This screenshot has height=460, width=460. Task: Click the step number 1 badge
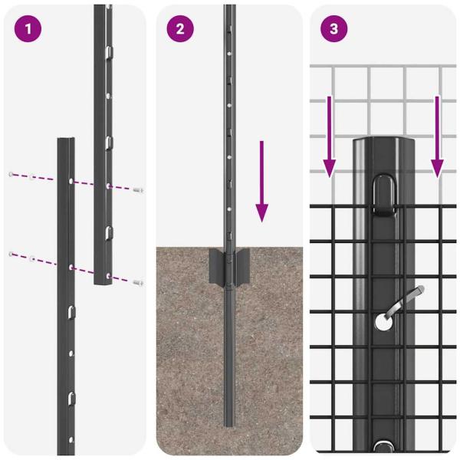pyautogui.click(x=28, y=29)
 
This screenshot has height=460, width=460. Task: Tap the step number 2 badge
pyautogui.click(x=180, y=29)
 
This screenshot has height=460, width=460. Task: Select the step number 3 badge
pyautogui.click(x=333, y=29)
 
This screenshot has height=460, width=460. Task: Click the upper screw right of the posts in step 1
pyautogui.click(x=138, y=189)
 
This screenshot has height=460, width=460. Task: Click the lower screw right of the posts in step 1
pyautogui.click(x=138, y=282)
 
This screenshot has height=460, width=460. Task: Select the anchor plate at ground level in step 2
pyautogui.click(x=228, y=265)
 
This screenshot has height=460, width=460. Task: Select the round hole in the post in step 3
pyautogui.click(x=383, y=323)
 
